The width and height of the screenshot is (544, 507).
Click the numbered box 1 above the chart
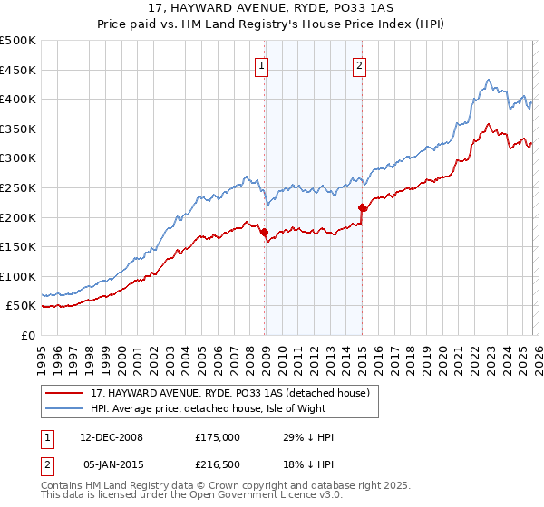click(x=262, y=64)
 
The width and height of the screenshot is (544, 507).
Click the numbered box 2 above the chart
click(x=360, y=64)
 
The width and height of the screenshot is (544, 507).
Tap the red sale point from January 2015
click(x=362, y=208)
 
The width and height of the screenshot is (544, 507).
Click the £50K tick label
click(x=22, y=306)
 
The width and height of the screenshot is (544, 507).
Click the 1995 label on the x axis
click(x=42, y=354)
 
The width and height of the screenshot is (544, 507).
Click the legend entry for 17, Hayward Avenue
click(x=229, y=393)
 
